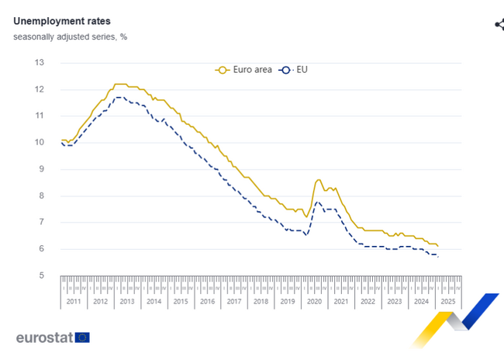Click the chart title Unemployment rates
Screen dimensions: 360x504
click(61, 21)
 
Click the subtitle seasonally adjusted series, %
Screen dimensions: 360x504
click(70, 36)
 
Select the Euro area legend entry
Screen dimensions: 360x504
click(243, 70)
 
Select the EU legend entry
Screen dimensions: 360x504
click(294, 70)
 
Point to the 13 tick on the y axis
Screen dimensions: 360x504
click(40, 63)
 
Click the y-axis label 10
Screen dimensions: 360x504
click(40, 143)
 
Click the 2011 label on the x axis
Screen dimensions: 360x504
click(74, 301)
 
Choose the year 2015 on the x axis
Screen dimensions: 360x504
click(180, 301)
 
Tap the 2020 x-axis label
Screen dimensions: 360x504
click(314, 301)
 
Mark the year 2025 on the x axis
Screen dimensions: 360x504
click(448, 301)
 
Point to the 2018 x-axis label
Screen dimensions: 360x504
click(261, 301)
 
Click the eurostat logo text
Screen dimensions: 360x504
click(43, 337)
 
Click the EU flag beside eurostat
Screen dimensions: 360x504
click(82, 337)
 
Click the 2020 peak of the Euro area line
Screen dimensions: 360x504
click(319, 180)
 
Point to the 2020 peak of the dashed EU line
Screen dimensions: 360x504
click(317, 202)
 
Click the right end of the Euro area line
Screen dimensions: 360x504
click(438, 246)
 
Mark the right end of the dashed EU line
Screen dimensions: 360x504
click(438, 256)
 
